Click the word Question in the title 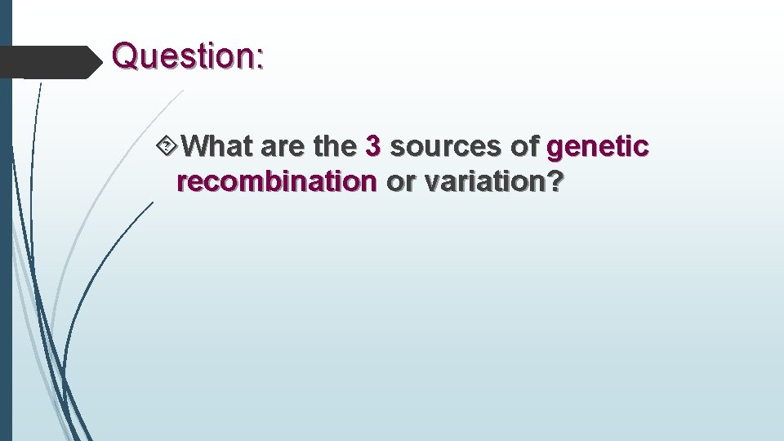pos(183,56)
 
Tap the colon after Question pos(260,59)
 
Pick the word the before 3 pos(335,147)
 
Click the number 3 pos(373,147)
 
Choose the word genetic pos(599,147)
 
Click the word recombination pos(277,182)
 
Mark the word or pos(400,182)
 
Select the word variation pos(483,182)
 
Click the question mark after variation pos(555,182)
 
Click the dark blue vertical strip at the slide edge pos(6,245)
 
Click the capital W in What pos(196,147)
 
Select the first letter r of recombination pos(181,183)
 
